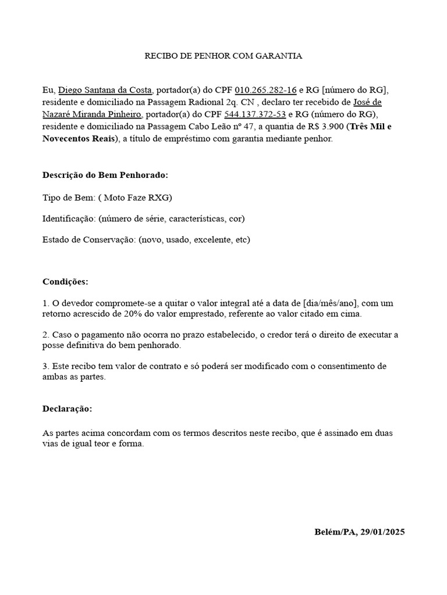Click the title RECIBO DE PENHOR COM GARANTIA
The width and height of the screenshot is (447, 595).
223,56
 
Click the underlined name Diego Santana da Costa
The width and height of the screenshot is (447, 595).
105,90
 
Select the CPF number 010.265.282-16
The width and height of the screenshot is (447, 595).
265,90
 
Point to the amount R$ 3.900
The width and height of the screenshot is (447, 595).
328,127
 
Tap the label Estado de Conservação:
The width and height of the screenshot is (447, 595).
89,239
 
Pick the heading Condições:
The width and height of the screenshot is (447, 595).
65,281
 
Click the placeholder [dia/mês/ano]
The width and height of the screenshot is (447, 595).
331,303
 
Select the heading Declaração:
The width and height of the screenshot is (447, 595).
67,408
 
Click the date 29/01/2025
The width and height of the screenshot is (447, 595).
382,532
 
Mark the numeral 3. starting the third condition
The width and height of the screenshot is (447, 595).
46,366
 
